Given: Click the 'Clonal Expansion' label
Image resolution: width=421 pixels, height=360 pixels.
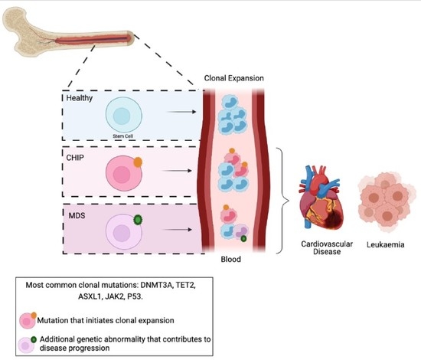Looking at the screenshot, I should pos(236,79).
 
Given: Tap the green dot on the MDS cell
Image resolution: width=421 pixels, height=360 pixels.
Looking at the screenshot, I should pos(138,219).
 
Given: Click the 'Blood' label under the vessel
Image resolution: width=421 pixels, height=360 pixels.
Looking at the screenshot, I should pos(233,260).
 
